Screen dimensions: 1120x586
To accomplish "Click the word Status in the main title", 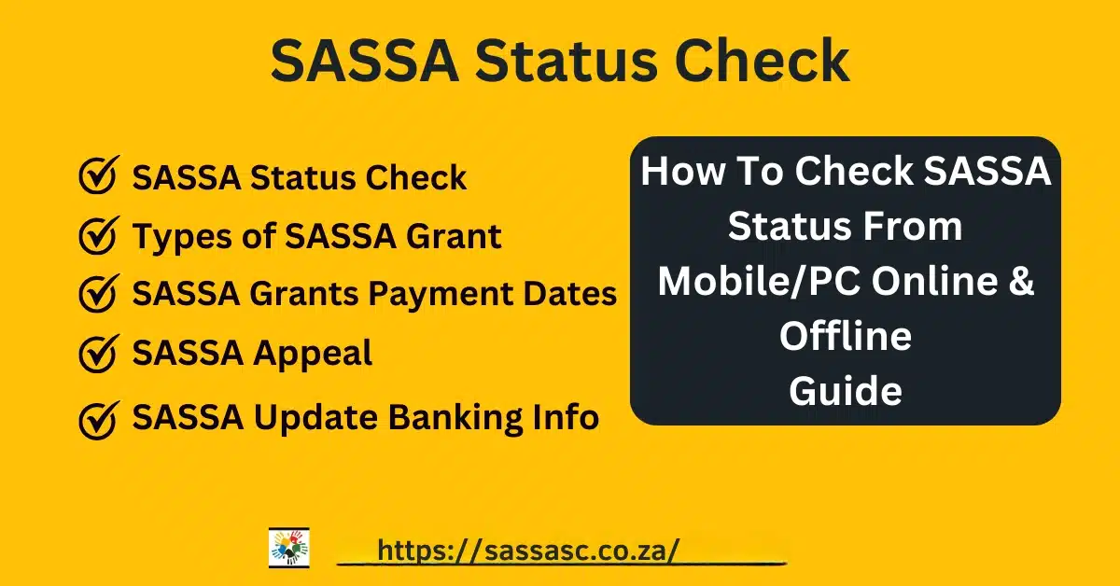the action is point(566,61).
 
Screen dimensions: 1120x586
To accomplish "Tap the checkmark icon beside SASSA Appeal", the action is point(99,354).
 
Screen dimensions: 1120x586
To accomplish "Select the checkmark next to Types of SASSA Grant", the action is point(99,235).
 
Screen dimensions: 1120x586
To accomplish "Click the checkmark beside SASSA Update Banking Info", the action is point(99,420).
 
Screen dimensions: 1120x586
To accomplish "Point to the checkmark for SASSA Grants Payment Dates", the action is point(99,294).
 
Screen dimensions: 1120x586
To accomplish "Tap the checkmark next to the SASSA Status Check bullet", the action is point(99,175).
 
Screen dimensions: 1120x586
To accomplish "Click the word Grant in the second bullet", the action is point(454,236).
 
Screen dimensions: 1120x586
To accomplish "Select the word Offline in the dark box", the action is point(846,336).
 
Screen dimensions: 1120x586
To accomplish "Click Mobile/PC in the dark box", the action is point(759,282).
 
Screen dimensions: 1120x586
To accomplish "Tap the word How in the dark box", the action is point(682,171).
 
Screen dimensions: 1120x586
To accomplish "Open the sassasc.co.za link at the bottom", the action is point(528,551).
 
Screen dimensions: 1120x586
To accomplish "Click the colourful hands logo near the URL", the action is point(289,548).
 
